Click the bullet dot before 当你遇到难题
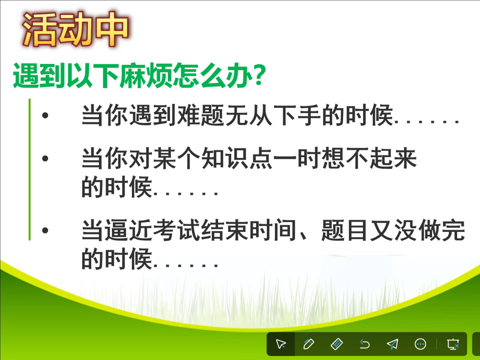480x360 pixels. (45, 115)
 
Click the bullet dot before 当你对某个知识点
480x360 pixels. (45, 158)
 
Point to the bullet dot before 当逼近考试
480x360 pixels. (45, 230)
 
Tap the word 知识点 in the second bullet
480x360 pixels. (237, 158)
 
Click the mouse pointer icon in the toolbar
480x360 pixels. (281, 344)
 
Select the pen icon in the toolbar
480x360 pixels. (309, 344)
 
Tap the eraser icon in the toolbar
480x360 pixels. (337, 344)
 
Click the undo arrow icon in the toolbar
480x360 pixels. (365, 344)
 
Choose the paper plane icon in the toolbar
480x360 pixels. (392, 344)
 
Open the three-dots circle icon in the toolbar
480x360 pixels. (420, 344)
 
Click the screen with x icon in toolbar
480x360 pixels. (453, 344)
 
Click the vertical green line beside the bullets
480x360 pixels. (30, 169)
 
